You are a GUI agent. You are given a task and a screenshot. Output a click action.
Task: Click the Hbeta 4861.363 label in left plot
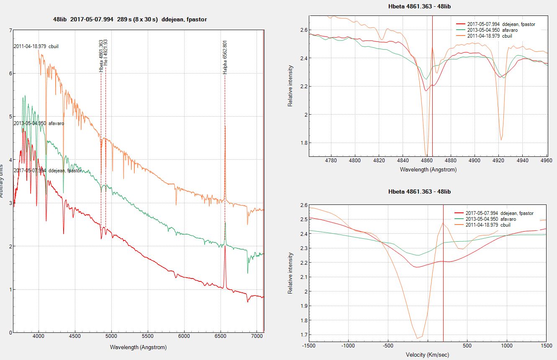pos(101,56)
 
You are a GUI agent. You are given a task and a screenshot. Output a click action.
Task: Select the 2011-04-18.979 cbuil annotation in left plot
pos(36,46)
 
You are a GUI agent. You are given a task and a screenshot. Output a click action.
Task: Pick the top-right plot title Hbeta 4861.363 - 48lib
pos(419,6)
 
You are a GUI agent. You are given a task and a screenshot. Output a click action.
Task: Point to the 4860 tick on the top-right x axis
pos(426,161)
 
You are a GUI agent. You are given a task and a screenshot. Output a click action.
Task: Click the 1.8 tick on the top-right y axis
pos(303,143)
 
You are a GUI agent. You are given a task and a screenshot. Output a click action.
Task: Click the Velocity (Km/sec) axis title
pos(427,355)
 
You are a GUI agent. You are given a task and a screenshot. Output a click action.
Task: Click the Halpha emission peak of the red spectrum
pos(225,246)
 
